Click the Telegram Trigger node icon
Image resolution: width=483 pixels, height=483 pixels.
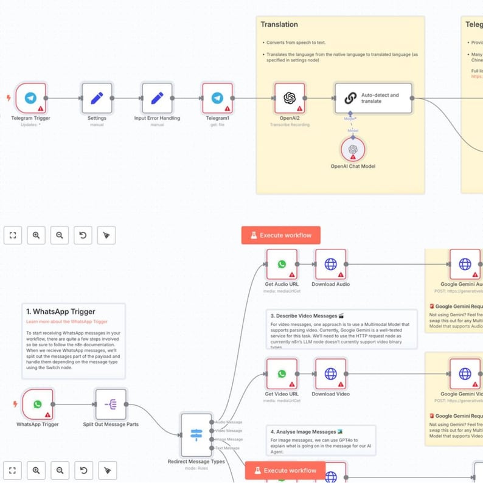(x=31, y=98)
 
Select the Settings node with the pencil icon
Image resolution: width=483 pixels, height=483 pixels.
(x=97, y=98)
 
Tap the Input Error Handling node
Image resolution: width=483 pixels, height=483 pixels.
(x=157, y=98)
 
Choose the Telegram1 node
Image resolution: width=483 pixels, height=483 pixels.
(x=217, y=98)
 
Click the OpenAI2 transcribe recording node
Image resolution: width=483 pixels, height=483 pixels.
(x=290, y=98)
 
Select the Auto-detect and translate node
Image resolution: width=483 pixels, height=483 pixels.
(x=373, y=98)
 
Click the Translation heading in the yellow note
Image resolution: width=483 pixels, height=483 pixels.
(x=279, y=24)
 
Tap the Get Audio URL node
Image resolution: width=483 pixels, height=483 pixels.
(x=282, y=264)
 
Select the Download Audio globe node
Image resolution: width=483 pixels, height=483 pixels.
(x=330, y=264)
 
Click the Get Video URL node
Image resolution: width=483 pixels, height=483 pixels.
(x=282, y=374)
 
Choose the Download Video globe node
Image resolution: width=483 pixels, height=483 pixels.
(x=330, y=374)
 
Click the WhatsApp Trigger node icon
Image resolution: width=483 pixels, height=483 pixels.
(x=38, y=404)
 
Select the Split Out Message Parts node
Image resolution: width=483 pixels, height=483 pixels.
(x=111, y=404)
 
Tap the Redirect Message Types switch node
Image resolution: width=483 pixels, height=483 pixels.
(x=196, y=434)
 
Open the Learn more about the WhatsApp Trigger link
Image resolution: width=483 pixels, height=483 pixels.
(x=67, y=321)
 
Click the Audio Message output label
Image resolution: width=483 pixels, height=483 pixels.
(x=229, y=422)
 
